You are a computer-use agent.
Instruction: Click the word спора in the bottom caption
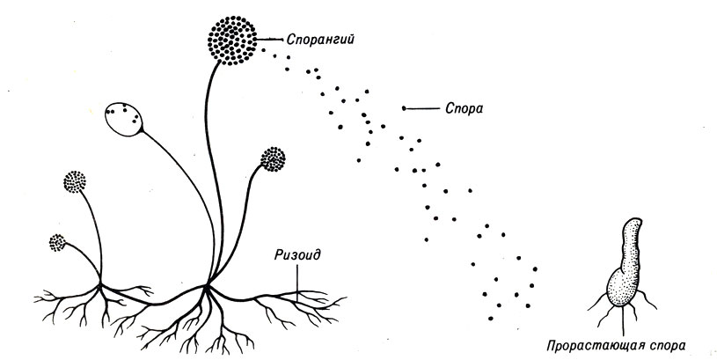[665, 345]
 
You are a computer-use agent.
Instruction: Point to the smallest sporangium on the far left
[59, 240]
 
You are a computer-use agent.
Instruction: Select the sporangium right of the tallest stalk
[274, 159]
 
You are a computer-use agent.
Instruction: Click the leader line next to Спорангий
[270, 40]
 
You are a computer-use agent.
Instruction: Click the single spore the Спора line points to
[404, 108]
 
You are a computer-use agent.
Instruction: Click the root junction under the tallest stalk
[209, 285]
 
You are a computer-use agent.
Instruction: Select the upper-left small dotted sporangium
[75, 182]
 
